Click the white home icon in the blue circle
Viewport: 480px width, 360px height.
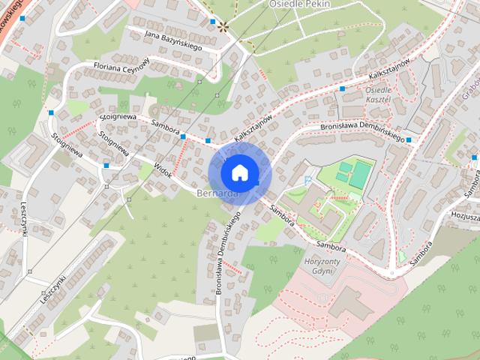(239, 173)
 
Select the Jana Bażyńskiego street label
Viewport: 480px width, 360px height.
(174, 40)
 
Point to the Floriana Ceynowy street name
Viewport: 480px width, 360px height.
(121, 67)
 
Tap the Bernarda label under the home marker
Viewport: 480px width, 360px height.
(217, 194)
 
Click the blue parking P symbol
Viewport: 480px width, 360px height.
(307, 179)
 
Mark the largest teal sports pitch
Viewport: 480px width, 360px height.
(358, 174)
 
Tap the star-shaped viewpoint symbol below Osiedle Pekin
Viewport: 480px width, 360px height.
(223, 25)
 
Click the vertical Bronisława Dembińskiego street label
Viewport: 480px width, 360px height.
(229, 252)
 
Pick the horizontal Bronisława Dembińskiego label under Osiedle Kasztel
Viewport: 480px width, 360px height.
(362, 132)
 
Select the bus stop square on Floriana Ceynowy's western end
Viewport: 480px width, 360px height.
(52, 112)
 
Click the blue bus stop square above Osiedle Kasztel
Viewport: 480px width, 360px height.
(342, 88)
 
